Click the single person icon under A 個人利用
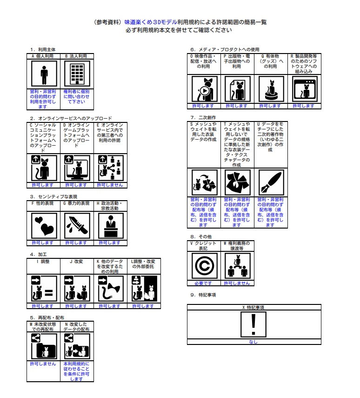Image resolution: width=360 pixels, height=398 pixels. click(x=44, y=74)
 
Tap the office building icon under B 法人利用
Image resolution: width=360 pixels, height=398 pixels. click(x=77, y=74)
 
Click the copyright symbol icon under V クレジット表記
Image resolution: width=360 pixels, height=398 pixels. click(x=204, y=266)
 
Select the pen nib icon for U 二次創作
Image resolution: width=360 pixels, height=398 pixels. click(x=270, y=182)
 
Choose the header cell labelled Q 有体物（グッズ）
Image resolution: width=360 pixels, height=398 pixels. click(x=271, y=61)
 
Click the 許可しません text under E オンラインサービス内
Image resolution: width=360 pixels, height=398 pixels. click(x=110, y=185)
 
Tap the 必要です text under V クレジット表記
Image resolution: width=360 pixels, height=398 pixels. click(x=204, y=283)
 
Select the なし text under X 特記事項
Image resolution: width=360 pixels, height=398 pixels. click(x=253, y=342)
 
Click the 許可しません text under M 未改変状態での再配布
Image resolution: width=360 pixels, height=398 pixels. click(x=43, y=364)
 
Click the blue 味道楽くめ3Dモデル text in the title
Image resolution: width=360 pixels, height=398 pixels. click(x=149, y=22)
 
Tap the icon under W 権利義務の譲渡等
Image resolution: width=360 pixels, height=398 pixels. click(x=237, y=266)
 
